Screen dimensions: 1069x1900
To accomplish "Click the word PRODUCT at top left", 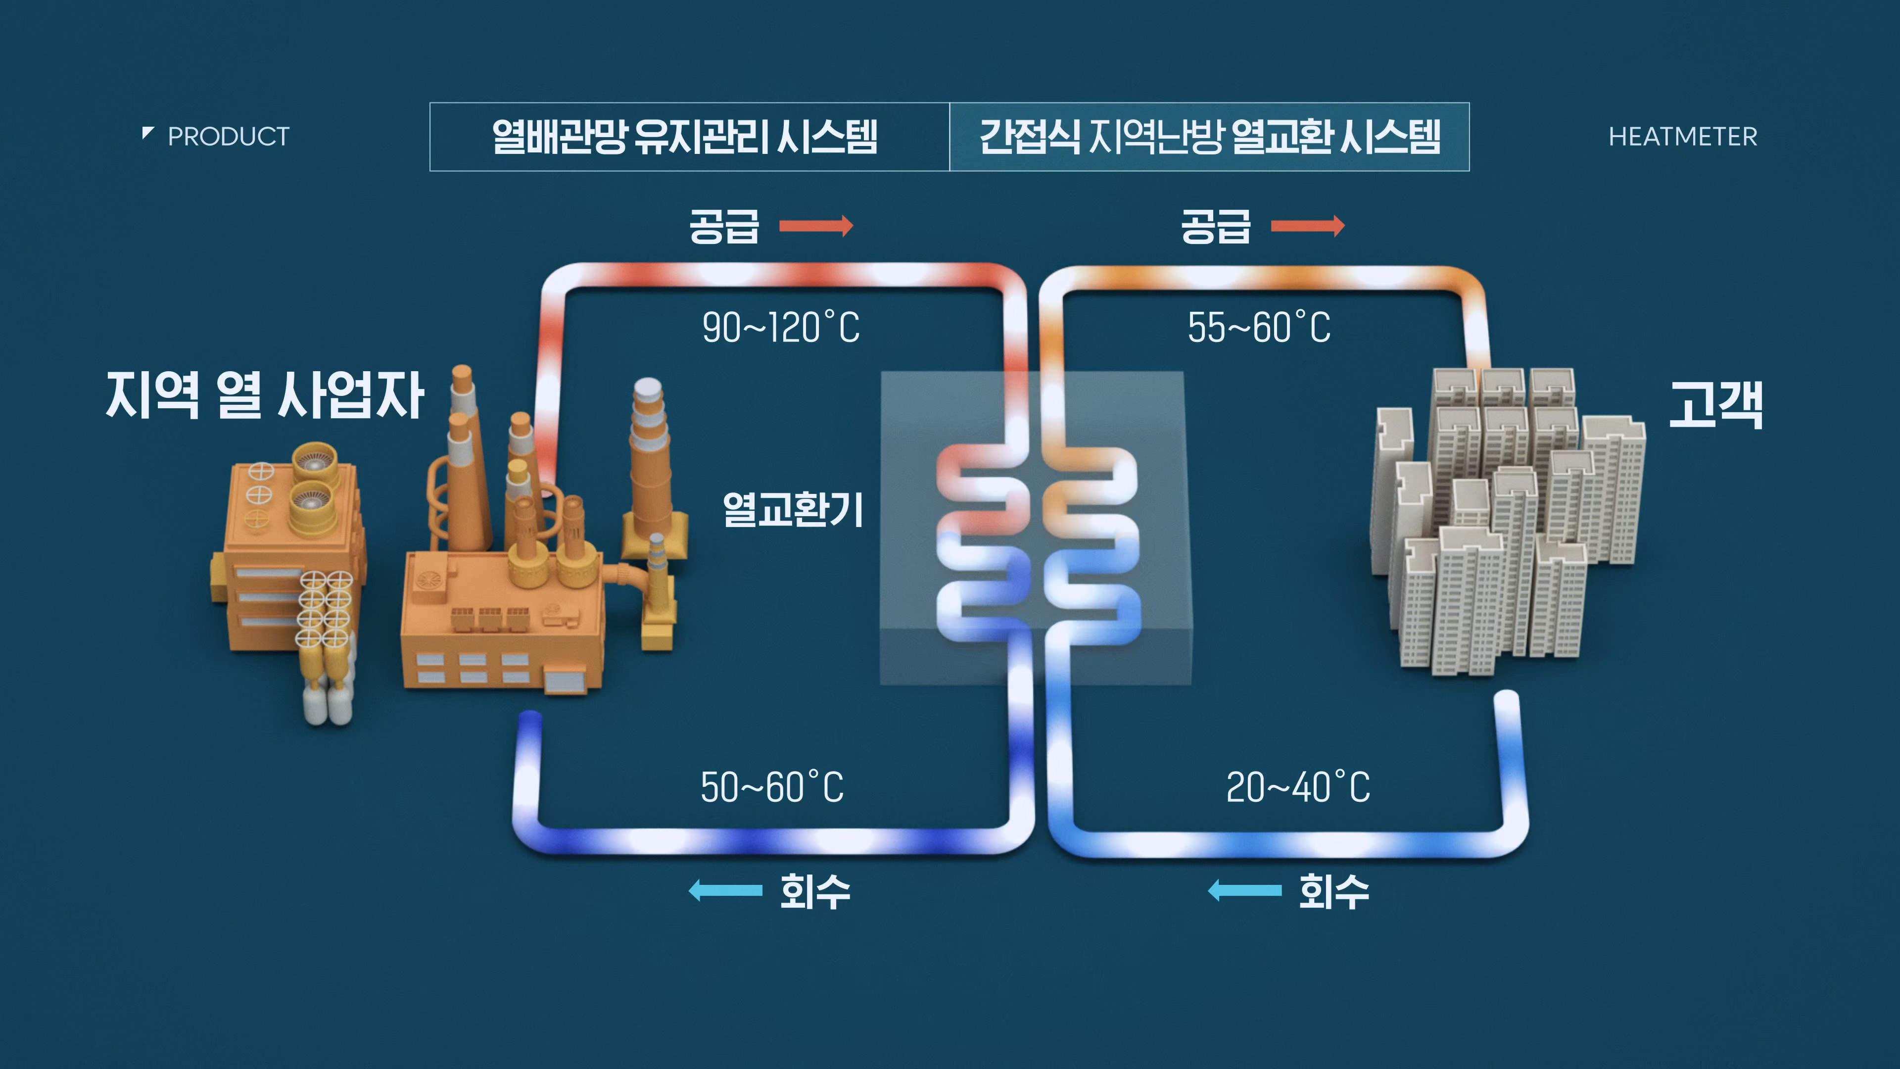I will pos(228,137).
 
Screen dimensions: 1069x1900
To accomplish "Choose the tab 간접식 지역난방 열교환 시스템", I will pos(1210,137).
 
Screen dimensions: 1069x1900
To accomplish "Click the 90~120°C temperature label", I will pos(780,328).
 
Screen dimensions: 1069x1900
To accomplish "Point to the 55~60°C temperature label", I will pos(1259,328).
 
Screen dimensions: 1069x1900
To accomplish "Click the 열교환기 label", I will pos(793,509).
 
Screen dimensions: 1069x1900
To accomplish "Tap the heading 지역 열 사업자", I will pos(264,395).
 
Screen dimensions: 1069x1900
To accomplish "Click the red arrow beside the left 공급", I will pos(816,225).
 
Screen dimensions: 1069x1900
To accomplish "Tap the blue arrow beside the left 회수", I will pos(725,890).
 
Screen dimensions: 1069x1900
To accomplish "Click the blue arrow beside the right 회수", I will pos(1244,890).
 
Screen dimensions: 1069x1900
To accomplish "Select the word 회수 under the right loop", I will pos(1333,890).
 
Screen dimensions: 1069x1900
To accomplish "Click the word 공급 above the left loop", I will pos(723,225).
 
